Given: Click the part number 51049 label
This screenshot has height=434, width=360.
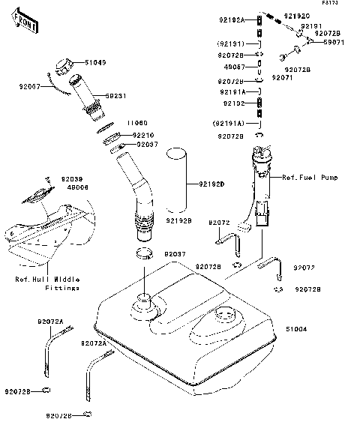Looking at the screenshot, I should coord(95,63).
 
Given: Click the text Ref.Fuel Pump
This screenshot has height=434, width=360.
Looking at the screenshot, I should coord(309,178).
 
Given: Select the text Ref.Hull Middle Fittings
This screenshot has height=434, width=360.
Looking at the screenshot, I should coord(48,283).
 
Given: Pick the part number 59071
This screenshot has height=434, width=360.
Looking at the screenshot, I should coord(332,43).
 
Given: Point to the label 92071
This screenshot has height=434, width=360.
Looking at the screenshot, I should coord(281,77).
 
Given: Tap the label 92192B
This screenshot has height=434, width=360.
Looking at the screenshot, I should coord(179,221).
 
